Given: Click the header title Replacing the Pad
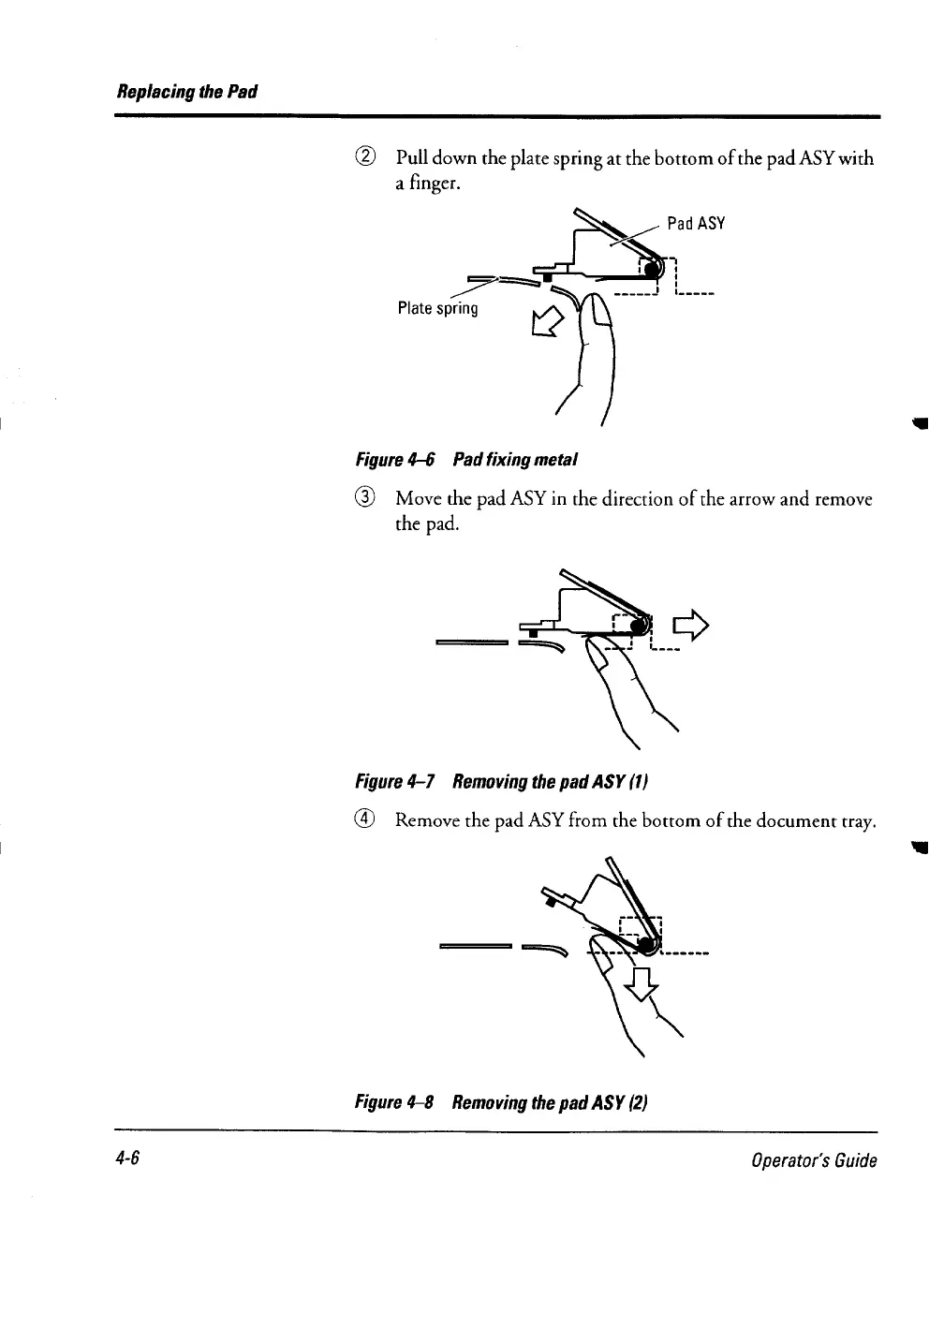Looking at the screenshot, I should click(x=185, y=92).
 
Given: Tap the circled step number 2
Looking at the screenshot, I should click(x=368, y=157).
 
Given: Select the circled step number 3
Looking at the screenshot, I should click(x=368, y=498).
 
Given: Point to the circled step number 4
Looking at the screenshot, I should click(x=368, y=820).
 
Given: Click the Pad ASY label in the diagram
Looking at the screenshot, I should click(x=696, y=223).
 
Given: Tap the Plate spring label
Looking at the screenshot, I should click(x=437, y=308).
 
